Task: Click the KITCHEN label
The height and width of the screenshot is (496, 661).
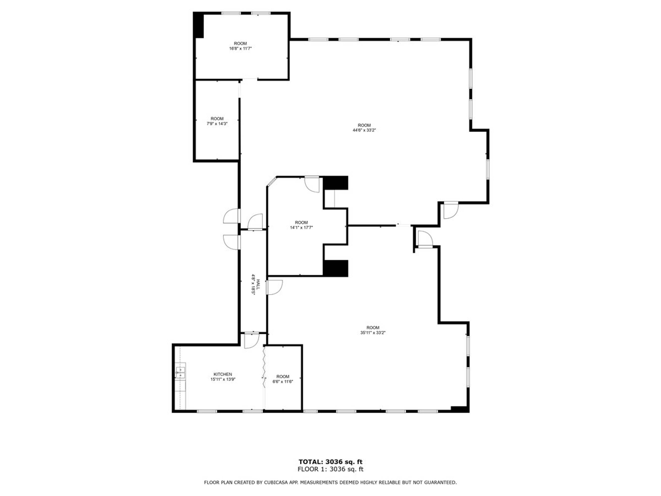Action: click(223, 374)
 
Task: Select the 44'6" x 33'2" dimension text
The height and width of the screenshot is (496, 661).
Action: click(364, 130)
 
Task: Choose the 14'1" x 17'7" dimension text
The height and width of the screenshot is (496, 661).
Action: click(301, 227)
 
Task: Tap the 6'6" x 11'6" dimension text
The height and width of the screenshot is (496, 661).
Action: click(283, 381)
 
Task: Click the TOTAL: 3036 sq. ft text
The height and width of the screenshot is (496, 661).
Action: click(331, 462)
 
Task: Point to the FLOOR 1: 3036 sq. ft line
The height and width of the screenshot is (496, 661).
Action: click(331, 469)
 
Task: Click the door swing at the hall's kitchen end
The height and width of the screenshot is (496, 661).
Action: click(251, 341)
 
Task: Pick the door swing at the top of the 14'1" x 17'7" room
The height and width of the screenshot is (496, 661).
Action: click(312, 184)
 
